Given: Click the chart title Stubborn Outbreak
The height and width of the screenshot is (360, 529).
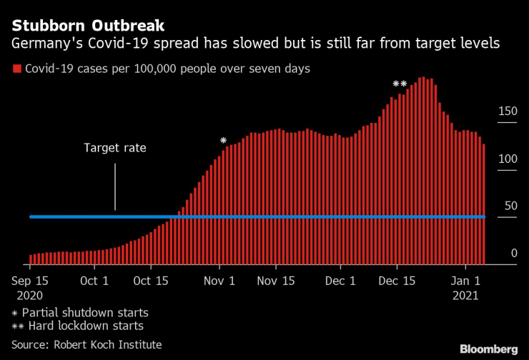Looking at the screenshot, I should pyautogui.click(x=88, y=26).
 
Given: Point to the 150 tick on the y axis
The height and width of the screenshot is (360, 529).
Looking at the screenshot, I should pyautogui.click(x=508, y=111).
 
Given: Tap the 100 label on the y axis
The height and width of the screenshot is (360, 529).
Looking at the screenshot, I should pyautogui.click(x=508, y=159).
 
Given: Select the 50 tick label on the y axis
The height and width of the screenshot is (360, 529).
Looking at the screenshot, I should pyautogui.click(x=510, y=206).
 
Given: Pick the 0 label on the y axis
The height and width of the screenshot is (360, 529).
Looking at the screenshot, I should pyautogui.click(x=513, y=253).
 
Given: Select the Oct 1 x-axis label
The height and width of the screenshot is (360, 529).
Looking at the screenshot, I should pyautogui.click(x=95, y=281).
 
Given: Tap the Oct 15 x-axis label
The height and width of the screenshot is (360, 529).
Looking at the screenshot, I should pyautogui.click(x=151, y=281).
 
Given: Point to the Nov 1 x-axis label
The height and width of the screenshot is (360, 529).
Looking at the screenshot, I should pyautogui.click(x=219, y=281).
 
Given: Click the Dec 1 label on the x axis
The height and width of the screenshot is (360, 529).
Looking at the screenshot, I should pyautogui.click(x=340, y=281).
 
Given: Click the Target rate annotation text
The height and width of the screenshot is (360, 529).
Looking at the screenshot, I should pyautogui.click(x=114, y=149).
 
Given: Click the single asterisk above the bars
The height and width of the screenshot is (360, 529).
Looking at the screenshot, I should pyautogui.click(x=224, y=141).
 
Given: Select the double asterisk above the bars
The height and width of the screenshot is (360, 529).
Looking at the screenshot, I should pyautogui.click(x=400, y=84).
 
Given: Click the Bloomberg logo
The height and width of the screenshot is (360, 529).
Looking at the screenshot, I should pyautogui.click(x=488, y=349).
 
